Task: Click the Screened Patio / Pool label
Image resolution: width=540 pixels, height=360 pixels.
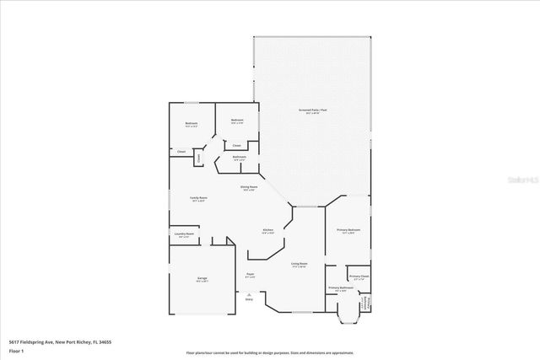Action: [312, 110]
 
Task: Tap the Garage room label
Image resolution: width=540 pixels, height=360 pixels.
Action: [202, 277]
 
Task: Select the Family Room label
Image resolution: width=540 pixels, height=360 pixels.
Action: [199, 198]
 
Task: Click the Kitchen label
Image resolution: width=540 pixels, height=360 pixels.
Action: [267, 229]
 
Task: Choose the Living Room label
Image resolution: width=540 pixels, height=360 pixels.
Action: [299, 264]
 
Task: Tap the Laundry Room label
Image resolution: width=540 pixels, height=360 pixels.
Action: [184, 234]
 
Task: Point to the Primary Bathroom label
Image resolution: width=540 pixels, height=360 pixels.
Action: [339, 287]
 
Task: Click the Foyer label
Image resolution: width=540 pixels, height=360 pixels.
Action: [250, 274]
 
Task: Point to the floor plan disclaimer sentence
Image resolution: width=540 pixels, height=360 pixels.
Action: [269, 352]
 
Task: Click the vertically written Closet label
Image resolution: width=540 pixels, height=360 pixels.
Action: [198, 157]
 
